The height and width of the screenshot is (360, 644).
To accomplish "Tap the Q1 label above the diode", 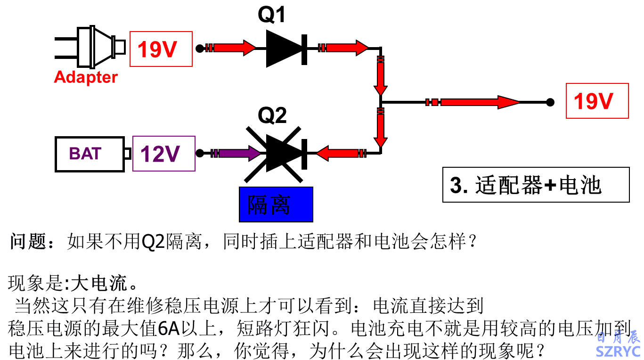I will point(272,16).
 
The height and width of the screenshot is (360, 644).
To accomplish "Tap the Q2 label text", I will point(272,115).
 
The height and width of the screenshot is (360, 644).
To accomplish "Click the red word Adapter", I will point(86,77).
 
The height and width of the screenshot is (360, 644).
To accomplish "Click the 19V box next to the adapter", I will point(161,49).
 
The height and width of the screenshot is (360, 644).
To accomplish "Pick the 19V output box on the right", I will point(597,101).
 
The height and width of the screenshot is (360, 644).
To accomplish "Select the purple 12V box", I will point(163,154).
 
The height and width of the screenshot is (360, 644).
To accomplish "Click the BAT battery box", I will point(90,154).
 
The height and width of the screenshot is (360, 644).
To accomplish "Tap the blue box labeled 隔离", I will point(276,205).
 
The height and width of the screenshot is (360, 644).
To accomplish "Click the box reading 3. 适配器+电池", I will point(536,185).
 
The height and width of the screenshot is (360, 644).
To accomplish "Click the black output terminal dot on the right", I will point(550,102).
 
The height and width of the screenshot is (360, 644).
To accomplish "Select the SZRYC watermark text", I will point(618,351).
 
